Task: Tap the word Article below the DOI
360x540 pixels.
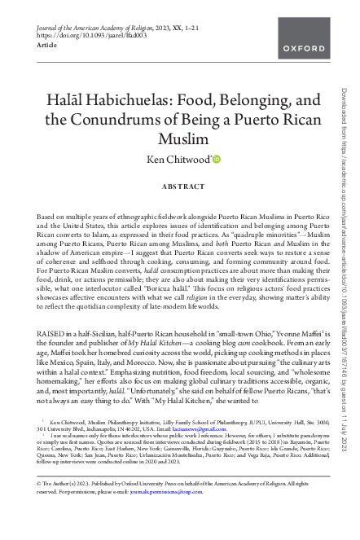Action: tap(47, 47)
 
